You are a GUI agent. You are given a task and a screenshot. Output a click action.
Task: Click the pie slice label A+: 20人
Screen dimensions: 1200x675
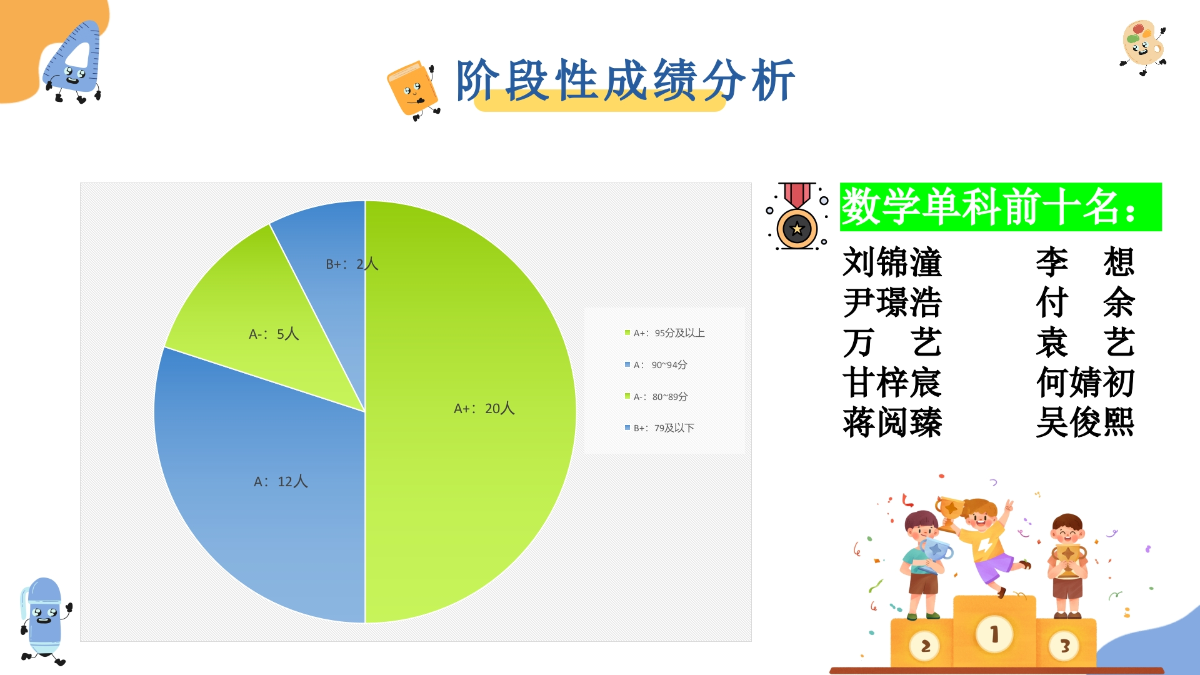tap(484, 409)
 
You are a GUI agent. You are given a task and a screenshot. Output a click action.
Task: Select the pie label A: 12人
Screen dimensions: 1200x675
tap(281, 482)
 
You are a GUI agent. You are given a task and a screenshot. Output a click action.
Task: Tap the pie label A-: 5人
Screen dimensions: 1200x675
tap(274, 334)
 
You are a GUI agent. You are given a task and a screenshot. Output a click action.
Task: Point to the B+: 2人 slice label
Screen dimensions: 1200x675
tap(352, 264)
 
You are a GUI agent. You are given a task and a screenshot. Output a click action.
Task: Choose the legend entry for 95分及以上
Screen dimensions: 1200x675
tap(665, 333)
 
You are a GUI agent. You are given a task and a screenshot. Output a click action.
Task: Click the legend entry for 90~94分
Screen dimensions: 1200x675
tap(656, 365)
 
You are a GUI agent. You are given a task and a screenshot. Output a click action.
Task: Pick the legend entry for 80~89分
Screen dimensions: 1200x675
tap(656, 397)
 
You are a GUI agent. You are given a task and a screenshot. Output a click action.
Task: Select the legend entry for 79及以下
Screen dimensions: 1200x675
tap(660, 428)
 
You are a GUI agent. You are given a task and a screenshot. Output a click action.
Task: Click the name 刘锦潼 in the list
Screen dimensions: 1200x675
tap(892, 262)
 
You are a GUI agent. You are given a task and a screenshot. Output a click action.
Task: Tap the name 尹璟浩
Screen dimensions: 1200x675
tap(892, 302)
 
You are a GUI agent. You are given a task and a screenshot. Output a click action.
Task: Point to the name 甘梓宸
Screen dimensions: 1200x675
tap(892, 382)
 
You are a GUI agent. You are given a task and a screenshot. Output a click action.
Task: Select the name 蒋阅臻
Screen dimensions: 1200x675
tap(892, 422)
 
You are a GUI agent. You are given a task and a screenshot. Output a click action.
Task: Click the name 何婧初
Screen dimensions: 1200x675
tap(1085, 382)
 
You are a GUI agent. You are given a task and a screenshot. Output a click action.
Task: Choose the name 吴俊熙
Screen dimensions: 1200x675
tap(1085, 422)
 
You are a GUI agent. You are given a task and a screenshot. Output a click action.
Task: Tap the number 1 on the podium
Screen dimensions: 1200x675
tap(994, 634)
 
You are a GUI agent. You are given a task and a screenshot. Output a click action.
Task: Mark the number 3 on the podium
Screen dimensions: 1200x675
tap(1065, 646)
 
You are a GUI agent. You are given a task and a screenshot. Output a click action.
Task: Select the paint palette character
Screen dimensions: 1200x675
tap(1143, 46)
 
